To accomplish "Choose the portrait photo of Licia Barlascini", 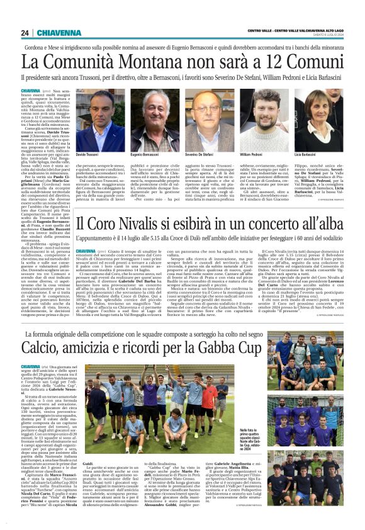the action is click(317, 120).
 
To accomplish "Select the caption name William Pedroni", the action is click(251, 154).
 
